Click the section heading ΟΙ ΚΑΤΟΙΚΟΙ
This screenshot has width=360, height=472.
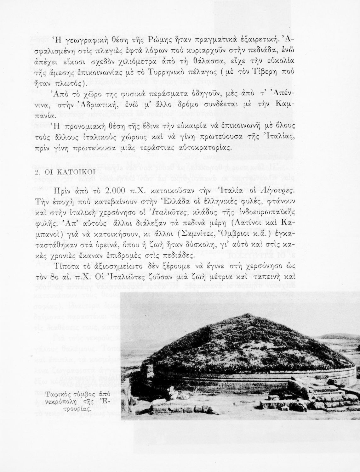pyautogui.click(x=69, y=173)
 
